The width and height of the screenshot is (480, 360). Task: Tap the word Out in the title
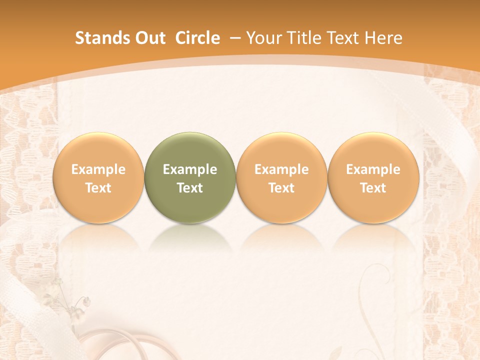[x=149, y=38]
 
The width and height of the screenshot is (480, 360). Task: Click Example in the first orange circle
[x=98, y=169]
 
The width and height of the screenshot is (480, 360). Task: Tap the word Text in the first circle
[x=98, y=188]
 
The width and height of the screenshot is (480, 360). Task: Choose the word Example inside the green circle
[x=190, y=169]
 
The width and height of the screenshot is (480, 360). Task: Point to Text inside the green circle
[x=190, y=188]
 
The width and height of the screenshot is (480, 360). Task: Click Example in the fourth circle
[x=373, y=169]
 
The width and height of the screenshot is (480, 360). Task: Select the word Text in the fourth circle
[x=373, y=188]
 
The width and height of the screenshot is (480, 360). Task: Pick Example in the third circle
[x=281, y=169]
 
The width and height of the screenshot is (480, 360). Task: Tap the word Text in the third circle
[x=281, y=188]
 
